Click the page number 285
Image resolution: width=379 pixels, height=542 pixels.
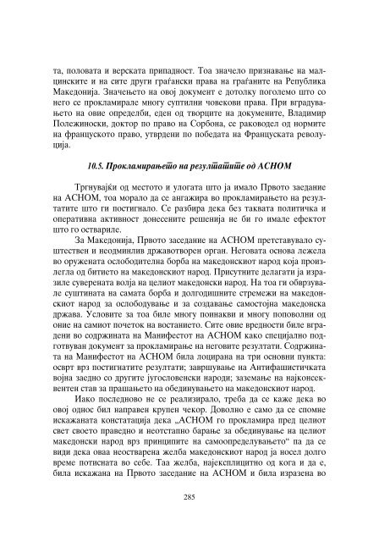pyautogui.click(x=190, y=498)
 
